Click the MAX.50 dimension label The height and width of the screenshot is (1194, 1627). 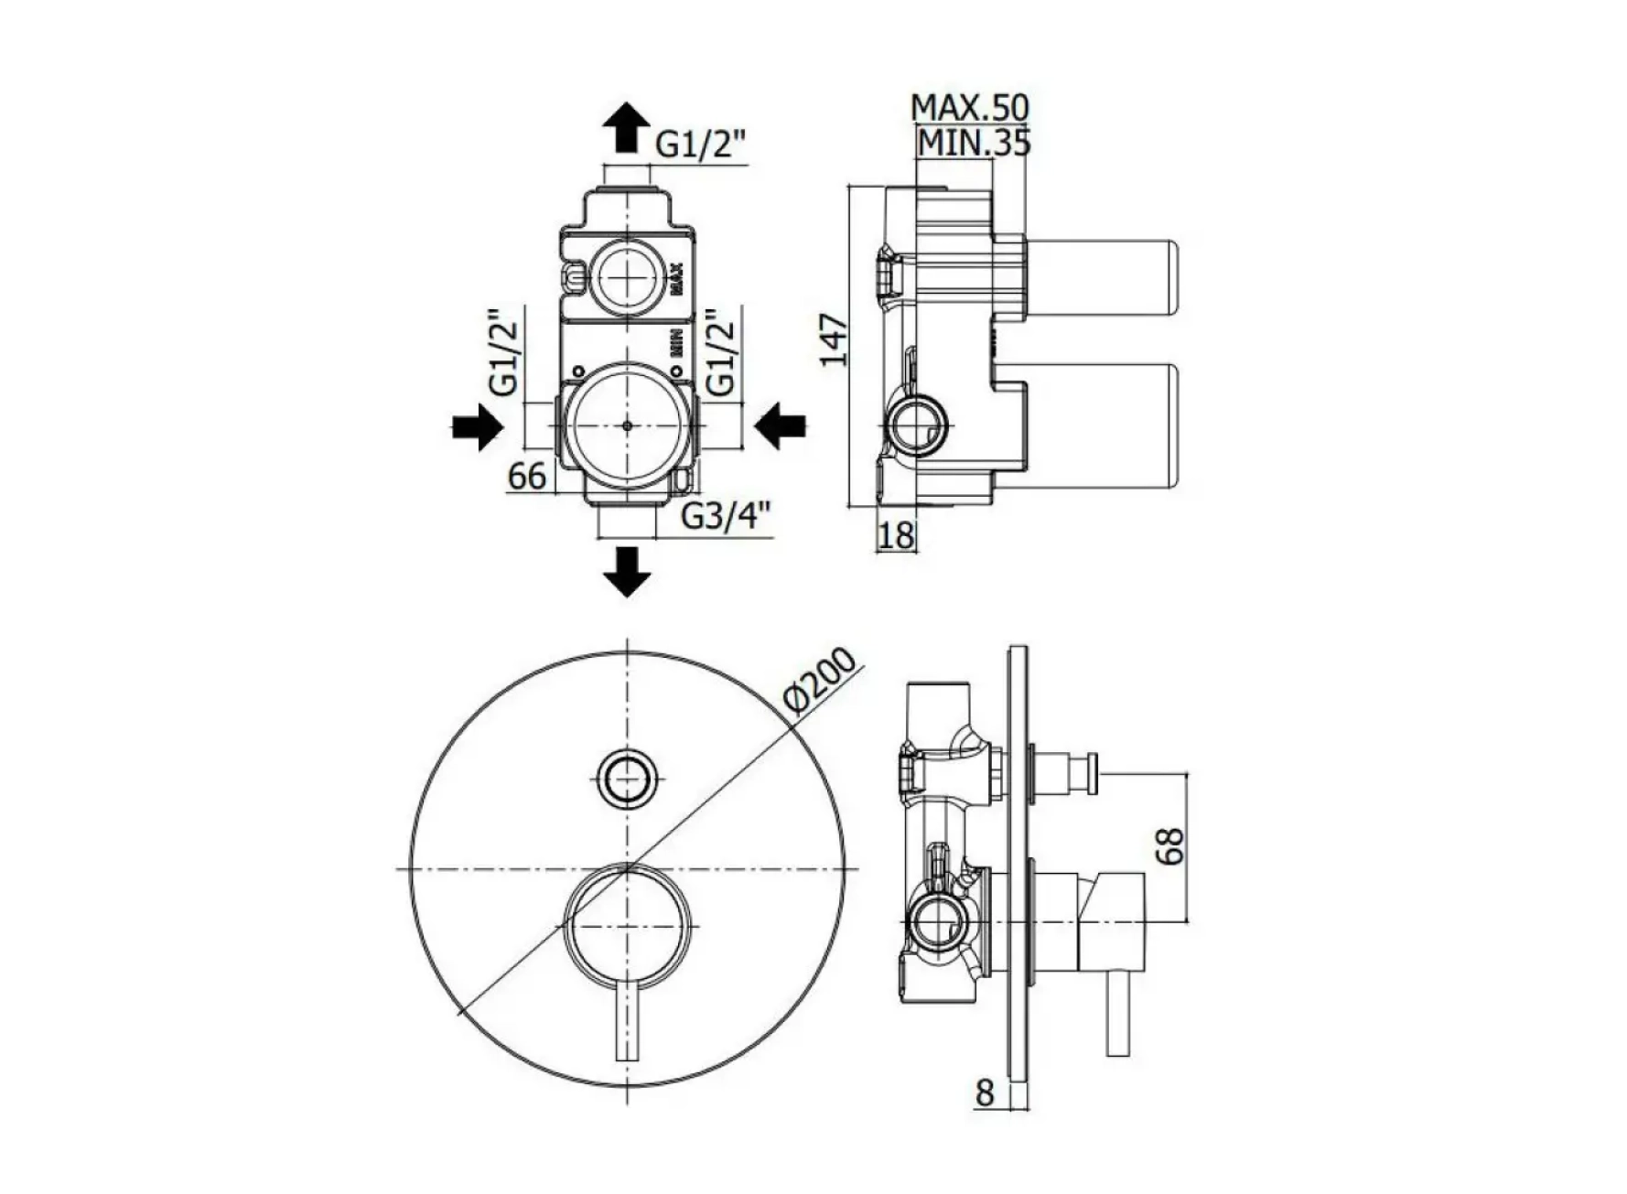(970, 107)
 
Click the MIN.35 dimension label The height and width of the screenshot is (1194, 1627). (975, 143)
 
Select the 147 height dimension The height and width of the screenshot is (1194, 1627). (834, 339)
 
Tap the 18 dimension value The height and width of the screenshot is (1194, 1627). (896, 535)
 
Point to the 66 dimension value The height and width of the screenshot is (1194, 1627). (527, 476)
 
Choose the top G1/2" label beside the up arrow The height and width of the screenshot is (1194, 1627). (702, 144)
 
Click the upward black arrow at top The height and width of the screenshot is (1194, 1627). (627, 126)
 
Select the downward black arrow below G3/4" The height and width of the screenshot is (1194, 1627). (627, 572)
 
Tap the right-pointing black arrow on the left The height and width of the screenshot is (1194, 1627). (477, 427)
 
